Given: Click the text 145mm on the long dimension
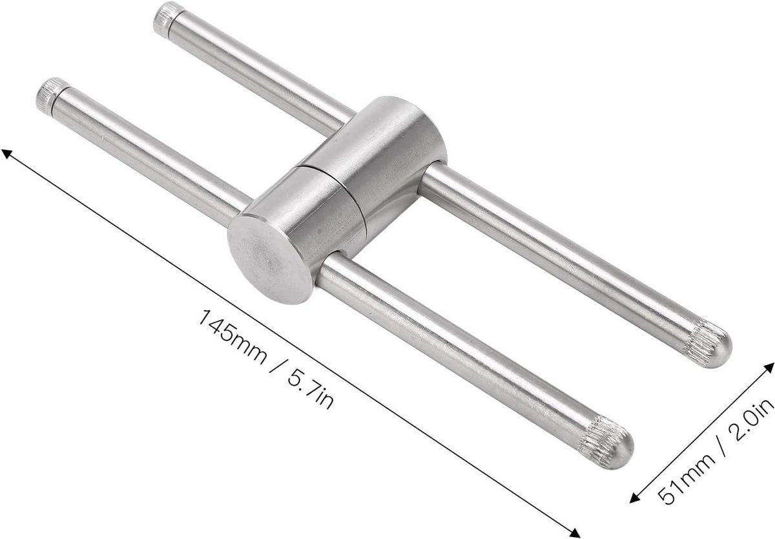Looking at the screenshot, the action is click(x=232, y=337).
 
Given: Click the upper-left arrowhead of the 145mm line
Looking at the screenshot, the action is click(x=8, y=154).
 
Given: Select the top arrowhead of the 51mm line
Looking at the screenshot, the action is click(x=768, y=368).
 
